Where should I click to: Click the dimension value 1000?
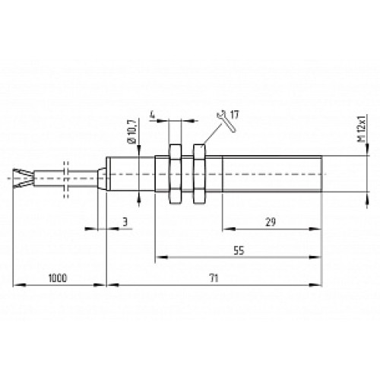[x=57, y=277]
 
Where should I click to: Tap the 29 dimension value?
[x=270, y=221]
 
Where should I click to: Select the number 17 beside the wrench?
[x=234, y=115]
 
